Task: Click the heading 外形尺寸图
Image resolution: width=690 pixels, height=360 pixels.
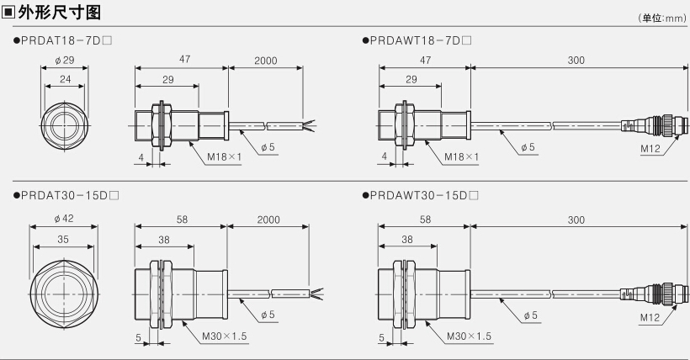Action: tap(60, 12)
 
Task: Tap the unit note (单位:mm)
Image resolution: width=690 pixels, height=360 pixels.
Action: tap(662, 18)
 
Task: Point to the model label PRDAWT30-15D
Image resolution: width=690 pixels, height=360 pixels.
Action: tap(420, 195)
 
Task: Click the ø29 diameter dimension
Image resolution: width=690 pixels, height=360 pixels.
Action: tap(65, 61)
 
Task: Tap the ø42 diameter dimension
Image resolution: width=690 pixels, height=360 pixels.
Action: tap(64, 219)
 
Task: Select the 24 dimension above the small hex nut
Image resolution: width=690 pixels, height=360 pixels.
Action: tap(65, 79)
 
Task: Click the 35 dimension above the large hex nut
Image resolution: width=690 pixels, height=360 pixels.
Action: tap(63, 239)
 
